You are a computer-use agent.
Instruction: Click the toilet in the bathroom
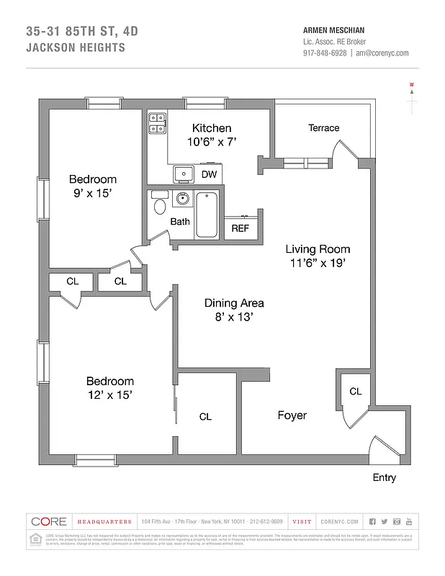tap(159, 207)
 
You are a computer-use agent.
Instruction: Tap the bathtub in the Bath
tap(207, 214)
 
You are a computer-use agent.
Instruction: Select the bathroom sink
tap(183, 199)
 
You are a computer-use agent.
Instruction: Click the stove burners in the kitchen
tap(157, 124)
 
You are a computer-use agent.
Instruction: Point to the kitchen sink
tap(182, 174)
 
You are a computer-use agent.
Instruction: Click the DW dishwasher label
tap(209, 174)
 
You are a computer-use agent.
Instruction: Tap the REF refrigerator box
tap(240, 228)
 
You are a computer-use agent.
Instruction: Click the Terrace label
tap(323, 127)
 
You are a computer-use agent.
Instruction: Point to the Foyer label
tap(292, 415)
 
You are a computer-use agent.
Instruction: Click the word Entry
tap(384, 477)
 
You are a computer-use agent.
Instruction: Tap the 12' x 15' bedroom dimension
tap(109, 395)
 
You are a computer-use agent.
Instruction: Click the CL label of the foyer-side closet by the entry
tap(355, 391)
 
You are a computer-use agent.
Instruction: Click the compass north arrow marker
tap(412, 91)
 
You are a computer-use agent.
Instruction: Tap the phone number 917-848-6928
tap(325, 53)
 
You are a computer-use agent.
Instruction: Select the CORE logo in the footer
tap(49, 521)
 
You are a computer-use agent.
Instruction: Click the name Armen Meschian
tap(334, 30)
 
